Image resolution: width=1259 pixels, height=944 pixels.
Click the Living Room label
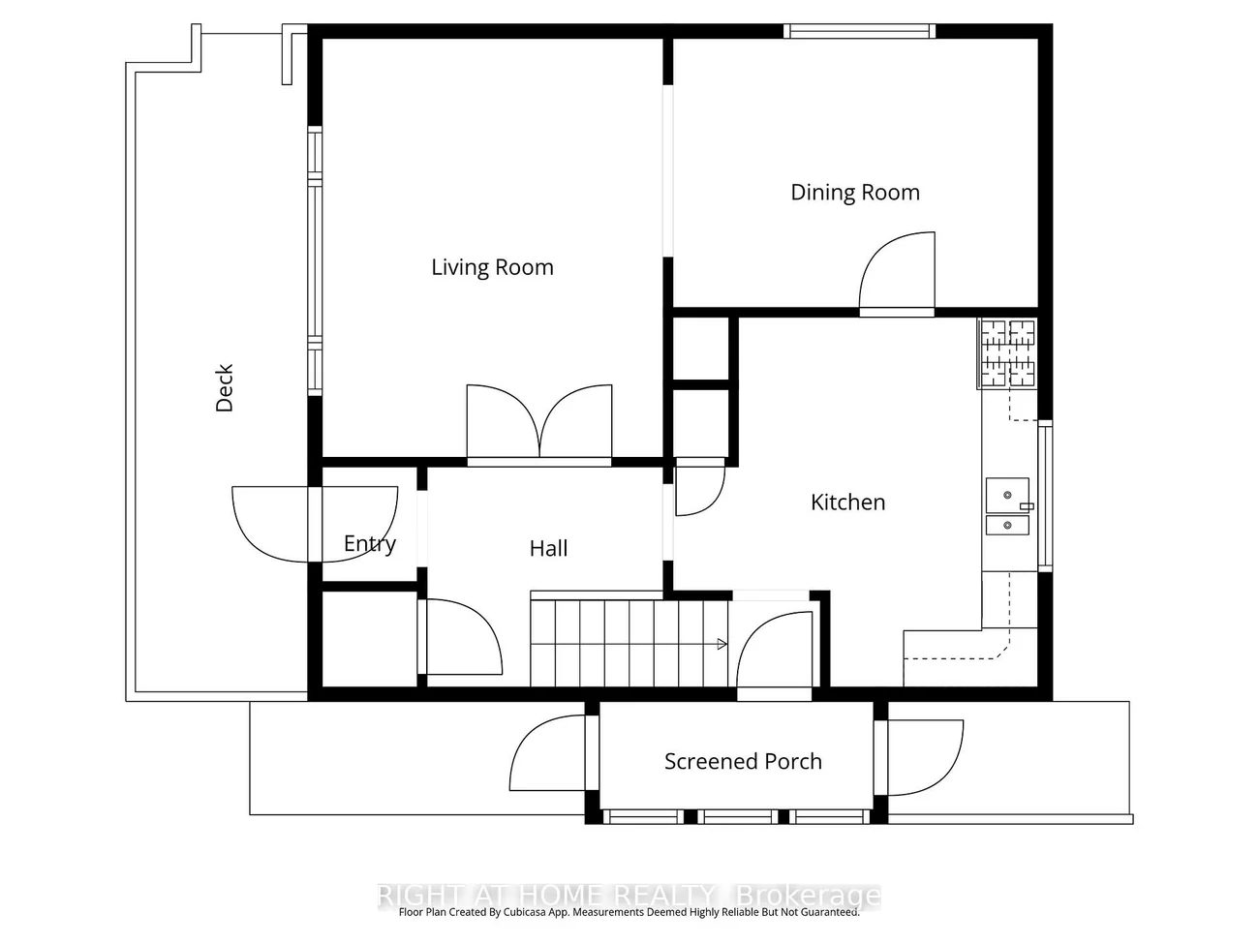(492, 267)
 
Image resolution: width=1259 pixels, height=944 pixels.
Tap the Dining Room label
(854, 193)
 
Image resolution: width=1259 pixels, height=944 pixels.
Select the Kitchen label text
(847, 502)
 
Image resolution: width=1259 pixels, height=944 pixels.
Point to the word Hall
(548, 549)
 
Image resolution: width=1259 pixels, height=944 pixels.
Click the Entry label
(370, 543)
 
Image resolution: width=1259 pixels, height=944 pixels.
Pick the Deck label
(225, 387)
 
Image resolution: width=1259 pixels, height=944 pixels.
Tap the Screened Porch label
(743, 761)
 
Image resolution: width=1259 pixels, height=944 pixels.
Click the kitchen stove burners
(1007, 353)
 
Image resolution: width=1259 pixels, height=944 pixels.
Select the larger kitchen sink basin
(1007, 495)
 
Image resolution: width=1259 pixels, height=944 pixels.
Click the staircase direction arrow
(722, 644)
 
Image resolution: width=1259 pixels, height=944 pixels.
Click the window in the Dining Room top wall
(859, 31)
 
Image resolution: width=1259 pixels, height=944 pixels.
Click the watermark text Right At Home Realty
(547, 895)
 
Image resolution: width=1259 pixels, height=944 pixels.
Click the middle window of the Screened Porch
(738, 817)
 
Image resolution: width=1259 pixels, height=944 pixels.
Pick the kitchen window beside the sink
(1045, 496)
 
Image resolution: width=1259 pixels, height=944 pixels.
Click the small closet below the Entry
(369, 639)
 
